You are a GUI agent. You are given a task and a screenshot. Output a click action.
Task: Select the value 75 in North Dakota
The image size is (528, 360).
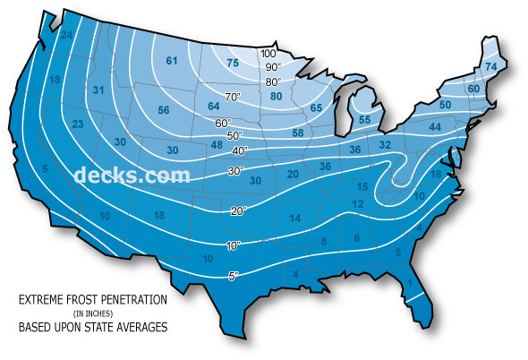233,63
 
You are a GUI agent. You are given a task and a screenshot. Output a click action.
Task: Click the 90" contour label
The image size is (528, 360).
271,67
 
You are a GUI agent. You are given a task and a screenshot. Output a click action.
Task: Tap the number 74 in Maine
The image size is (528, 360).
490,67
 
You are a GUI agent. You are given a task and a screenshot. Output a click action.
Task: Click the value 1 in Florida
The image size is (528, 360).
411,284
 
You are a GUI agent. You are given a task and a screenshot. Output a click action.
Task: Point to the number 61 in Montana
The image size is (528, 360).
171,61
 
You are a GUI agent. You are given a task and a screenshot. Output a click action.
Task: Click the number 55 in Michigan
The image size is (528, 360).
364,120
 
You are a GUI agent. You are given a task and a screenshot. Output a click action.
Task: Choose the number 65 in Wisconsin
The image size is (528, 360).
316,107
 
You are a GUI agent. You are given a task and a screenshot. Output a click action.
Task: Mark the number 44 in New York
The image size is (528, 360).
436,128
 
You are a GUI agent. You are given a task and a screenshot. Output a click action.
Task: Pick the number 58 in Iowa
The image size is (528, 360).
298,133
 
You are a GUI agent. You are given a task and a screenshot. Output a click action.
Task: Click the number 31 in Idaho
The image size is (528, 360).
98,90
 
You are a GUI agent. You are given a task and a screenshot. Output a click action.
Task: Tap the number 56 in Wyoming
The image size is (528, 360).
164,110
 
